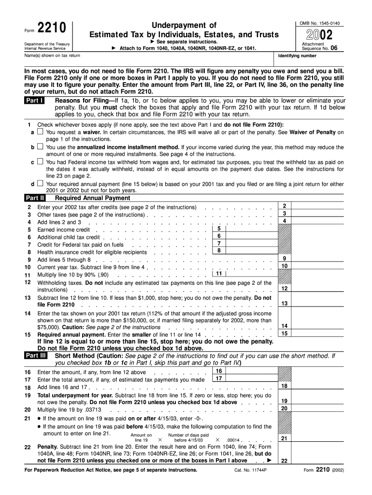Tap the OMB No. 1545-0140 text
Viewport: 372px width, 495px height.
click(x=319, y=23)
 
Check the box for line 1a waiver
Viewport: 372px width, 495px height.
click(x=40, y=131)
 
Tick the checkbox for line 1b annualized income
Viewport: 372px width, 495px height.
click(x=40, y=146)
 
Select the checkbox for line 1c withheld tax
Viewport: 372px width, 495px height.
click(x=40, y=162)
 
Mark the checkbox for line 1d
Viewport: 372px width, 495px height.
click(x=40, y=184)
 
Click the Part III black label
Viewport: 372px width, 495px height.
click(x=36, y=356)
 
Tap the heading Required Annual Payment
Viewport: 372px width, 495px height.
click(x=92, y=198)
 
